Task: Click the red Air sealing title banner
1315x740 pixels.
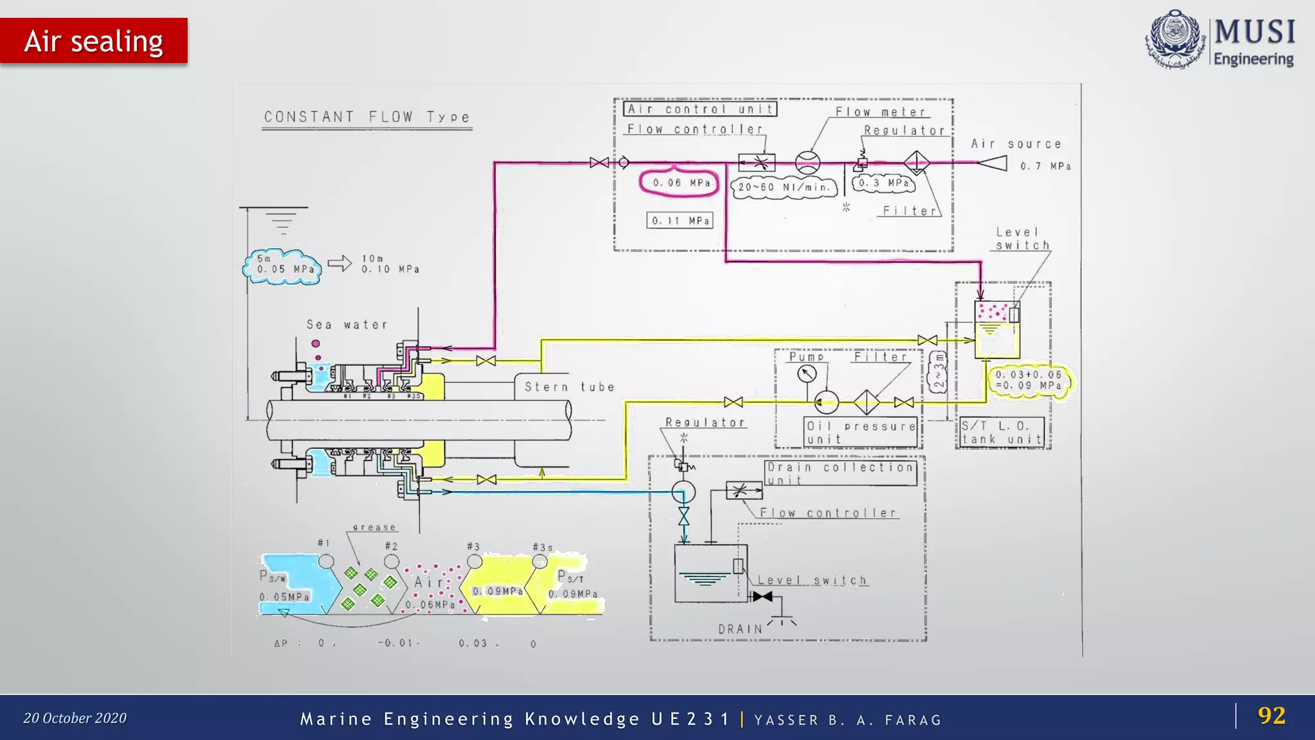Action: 94,41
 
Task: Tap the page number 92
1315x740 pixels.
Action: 1271,716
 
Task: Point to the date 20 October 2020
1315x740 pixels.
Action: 75,718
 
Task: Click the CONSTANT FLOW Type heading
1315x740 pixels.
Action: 367,117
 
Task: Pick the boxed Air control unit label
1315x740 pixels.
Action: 700,109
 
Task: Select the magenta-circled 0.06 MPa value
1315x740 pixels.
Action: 679,183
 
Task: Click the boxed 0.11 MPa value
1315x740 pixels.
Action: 680,221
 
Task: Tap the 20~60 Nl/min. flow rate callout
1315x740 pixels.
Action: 784,188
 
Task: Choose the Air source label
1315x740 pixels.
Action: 1015,145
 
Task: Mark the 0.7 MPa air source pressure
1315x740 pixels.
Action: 1045,166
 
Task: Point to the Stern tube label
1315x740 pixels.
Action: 569,387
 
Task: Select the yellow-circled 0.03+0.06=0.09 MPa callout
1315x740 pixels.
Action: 1029,380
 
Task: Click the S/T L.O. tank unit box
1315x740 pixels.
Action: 1002,432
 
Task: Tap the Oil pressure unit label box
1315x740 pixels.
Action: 861,432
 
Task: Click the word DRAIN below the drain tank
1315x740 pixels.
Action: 740,629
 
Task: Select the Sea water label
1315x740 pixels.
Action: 347,325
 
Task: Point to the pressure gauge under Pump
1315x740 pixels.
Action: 807,373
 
